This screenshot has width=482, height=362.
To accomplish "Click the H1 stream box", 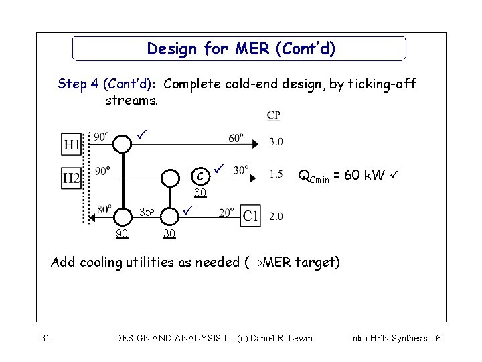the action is pos(72,144).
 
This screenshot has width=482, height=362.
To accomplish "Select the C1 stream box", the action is pos(250,215).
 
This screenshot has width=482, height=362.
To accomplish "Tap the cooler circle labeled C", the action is pos(199,177).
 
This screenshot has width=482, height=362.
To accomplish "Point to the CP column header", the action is pos(274,115).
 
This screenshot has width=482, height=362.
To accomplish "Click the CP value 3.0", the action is pos(276,142).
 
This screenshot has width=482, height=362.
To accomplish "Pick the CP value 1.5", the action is pos(276,174).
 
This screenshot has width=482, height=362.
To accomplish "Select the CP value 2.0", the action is pos(276,215).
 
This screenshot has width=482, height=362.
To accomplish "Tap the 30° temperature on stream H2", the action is pos(240,169).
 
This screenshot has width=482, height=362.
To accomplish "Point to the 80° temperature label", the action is pos(104,208).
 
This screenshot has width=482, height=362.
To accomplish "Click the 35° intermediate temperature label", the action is pos(147,213).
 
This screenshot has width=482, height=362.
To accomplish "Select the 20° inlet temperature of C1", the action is pos(226,212).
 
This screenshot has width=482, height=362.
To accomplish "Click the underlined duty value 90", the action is pos(122,233).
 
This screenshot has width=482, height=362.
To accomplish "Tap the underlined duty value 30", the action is pos(169,233).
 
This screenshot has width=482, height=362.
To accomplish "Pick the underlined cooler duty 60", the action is pos(199,194).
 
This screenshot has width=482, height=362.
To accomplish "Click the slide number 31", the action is pos(46,338).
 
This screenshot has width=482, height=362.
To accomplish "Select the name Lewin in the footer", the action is pos(298,338).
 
